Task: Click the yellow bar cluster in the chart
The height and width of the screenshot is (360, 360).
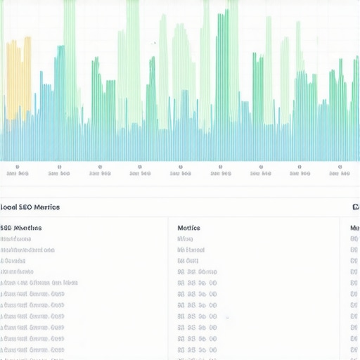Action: point(19,77)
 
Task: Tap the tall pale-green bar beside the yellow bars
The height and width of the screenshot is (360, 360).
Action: point(69,63)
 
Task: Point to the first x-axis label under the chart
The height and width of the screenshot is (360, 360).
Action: point(17,172)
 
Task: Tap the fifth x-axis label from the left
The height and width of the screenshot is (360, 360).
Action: point(180,172)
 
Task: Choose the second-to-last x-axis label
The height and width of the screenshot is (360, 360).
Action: point(300,172)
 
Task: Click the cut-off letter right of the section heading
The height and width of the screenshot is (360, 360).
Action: point(356,207)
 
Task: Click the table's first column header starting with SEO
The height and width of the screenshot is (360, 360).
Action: point(21,228)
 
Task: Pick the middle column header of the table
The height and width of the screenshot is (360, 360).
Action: point(188,228)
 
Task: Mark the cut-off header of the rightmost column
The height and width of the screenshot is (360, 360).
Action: point(354,228)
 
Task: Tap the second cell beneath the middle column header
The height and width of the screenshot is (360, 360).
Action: point(191,250)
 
